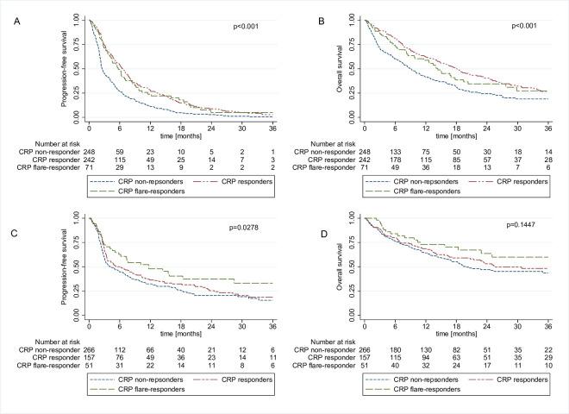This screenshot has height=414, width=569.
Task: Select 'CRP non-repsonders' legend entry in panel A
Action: point(138,181)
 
